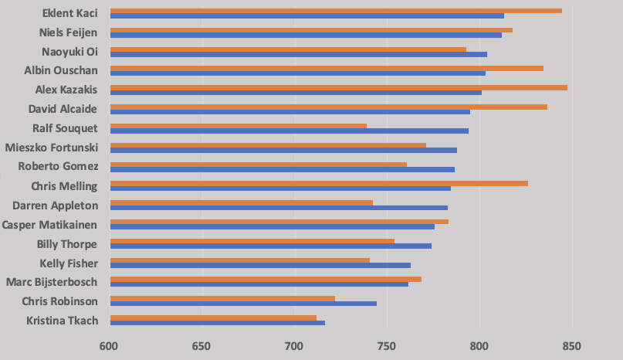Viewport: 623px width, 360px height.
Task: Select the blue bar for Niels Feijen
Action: (x=306, y=35)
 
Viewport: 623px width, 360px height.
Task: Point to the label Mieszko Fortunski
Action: (x=51, y=148)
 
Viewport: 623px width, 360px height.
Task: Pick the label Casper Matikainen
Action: (x=50, y=225)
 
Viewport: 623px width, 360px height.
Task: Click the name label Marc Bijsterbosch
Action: (x=51, y=282)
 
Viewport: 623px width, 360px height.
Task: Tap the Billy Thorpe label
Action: (x=67, y=244)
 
